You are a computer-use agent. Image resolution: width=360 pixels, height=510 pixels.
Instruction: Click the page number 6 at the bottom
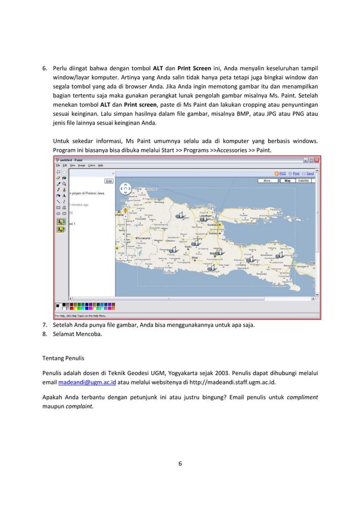pyautogui.click(x=179, y=464)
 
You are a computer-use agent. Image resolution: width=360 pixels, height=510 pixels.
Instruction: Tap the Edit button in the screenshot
pyautogui.click(x=109, y=181)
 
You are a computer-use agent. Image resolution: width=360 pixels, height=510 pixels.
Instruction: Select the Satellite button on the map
pyautogui.click(x=304, y=181)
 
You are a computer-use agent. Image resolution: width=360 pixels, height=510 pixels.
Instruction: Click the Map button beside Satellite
pyautogui.click(x=287, y=181)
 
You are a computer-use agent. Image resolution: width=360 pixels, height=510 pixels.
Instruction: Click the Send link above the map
pyautogui.click(x=310, y=174)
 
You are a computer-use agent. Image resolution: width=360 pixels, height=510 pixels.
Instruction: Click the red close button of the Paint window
pyautogui.click(x=317, y=160)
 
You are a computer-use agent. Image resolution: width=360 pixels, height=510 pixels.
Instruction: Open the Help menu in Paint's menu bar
pyautogui.click(x=100, y=165)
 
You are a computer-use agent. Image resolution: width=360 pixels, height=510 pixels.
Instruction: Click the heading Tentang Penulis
pyautogui.click(x=65, y=357)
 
